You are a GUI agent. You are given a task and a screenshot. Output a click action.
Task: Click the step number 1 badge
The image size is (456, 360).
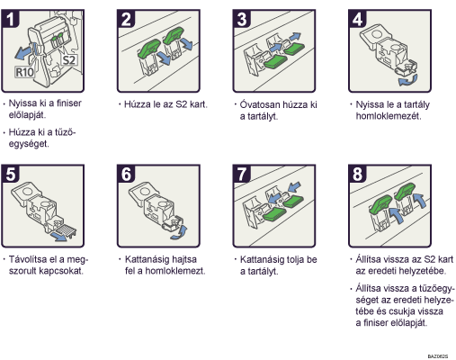11,19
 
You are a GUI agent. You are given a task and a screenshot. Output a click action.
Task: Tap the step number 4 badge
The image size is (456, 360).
358,19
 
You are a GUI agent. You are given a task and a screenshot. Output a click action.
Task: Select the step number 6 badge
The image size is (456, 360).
126,174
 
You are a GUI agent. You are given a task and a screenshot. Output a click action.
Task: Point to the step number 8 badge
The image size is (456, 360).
358,174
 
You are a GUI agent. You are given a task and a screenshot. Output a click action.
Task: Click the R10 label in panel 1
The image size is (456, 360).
24,72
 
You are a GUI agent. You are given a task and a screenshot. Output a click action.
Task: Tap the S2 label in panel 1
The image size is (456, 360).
69,60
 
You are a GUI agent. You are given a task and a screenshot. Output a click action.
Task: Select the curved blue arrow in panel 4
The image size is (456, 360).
408,81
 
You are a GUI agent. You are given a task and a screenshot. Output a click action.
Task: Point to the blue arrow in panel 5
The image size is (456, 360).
58,236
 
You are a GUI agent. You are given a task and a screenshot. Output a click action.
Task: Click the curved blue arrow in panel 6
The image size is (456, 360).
179,233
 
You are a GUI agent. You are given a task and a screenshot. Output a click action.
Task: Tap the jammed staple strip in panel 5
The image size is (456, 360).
66,230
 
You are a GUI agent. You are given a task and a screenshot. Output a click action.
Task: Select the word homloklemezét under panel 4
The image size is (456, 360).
389,116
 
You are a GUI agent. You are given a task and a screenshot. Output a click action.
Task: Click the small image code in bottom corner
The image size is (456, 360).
438,356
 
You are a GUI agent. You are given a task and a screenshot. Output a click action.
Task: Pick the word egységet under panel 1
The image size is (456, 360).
29,144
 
